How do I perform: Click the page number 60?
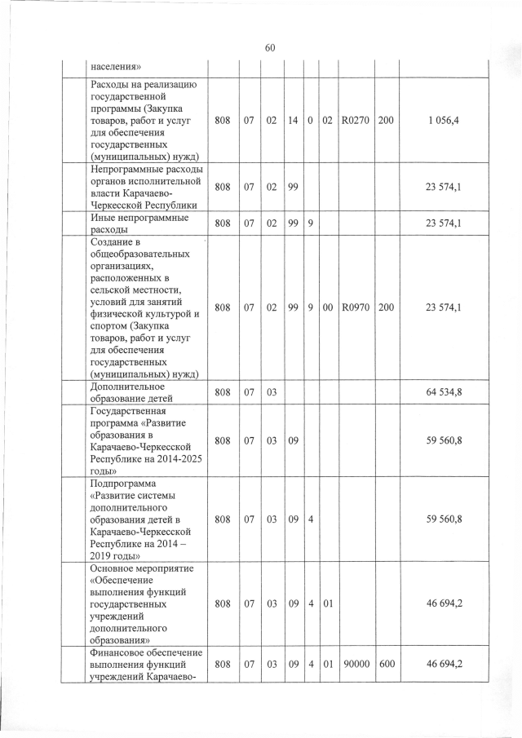point(270,46)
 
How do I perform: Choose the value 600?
point(387,665)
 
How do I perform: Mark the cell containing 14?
point(292,121)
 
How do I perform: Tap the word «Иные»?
point(104,219)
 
